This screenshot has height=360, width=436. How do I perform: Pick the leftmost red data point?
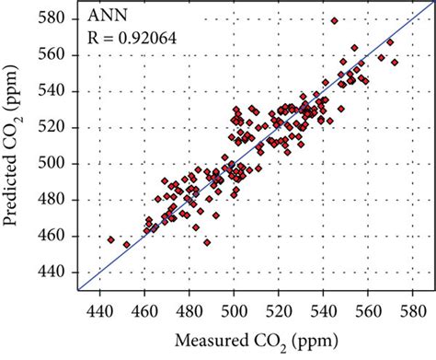(x=111, y=239)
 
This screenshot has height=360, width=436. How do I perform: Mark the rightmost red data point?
(x=395, y=63)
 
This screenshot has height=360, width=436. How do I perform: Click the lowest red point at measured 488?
(x=207, y=243)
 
